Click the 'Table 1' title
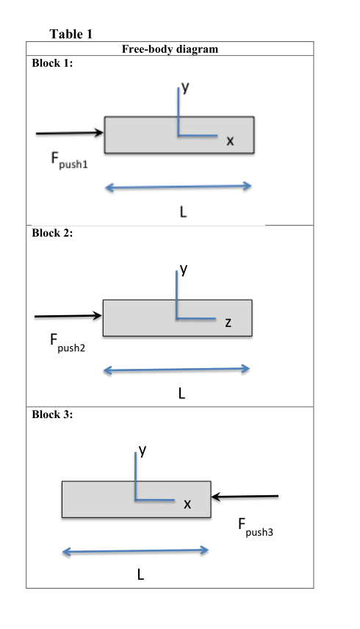coord(71,34)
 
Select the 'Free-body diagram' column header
coord(169,49)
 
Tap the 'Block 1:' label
coord(52,63)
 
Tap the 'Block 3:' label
coord(52,414)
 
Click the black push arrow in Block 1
coord(70,133)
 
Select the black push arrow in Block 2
coord(68,316)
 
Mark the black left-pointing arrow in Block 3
coord(245,497)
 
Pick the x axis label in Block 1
coord(230,141)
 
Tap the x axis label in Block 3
coord(187,504)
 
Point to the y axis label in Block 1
coord(186,87)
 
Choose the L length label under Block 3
coord(140,575)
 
